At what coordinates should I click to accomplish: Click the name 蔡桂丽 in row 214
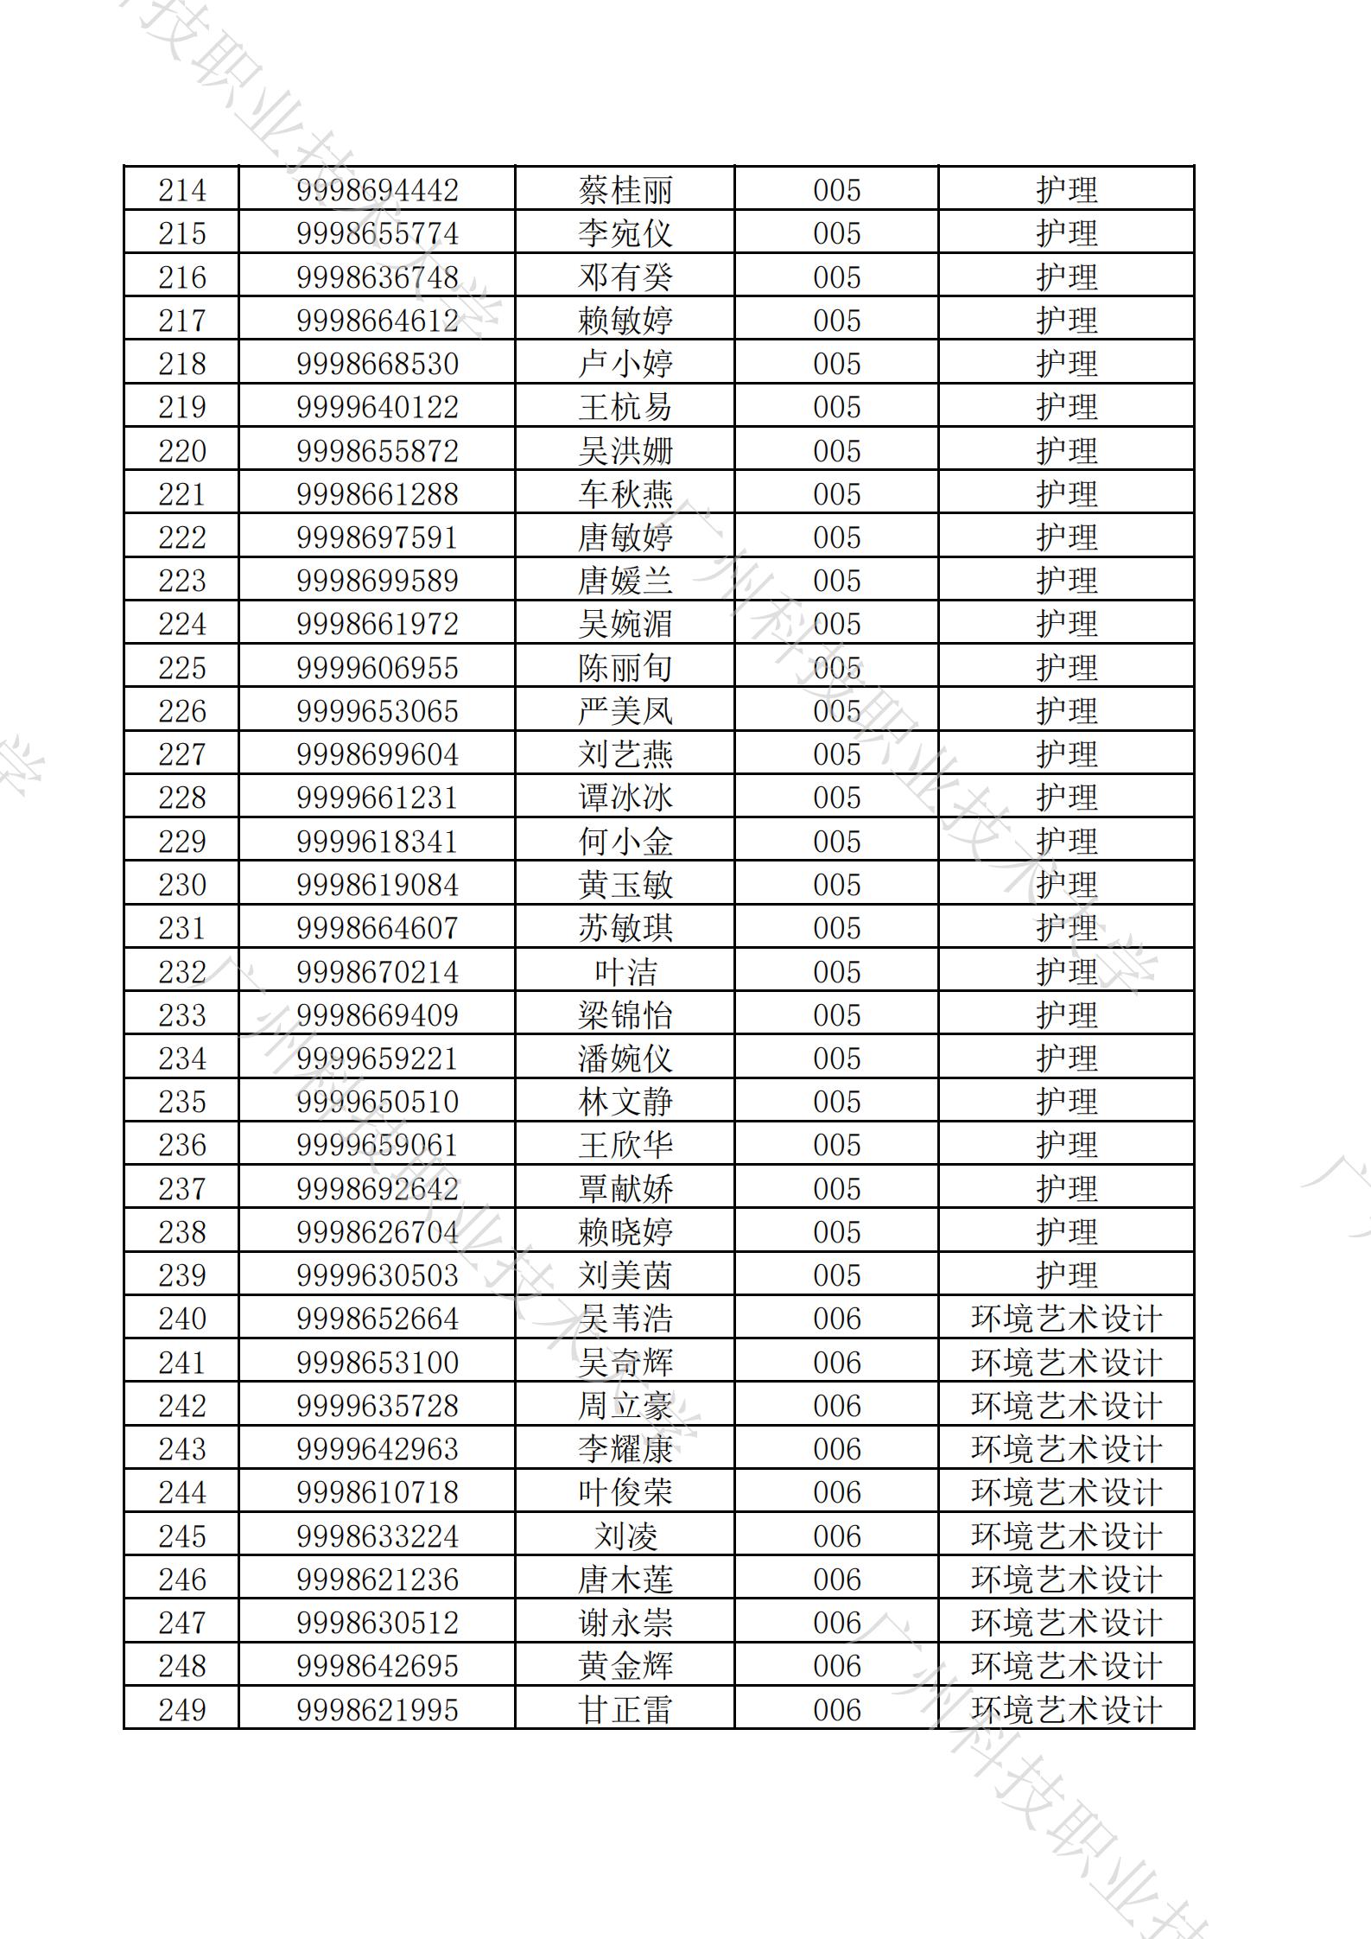click(x=625, y=190)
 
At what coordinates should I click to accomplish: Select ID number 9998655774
click(x=377, y=233)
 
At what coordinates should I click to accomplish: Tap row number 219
click(x=182, y=407)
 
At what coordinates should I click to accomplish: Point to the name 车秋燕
click(x=625, y=494)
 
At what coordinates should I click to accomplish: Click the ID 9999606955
click(x=377, y=668)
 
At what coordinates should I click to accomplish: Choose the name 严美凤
click(x=625, y=711)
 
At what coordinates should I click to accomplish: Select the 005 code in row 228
click(x=836, y=798)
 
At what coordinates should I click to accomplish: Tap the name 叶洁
click(x=625, y=972)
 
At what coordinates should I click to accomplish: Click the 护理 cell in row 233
click(x=1066, y=1015)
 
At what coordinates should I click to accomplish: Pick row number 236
click(x=182, y=1145)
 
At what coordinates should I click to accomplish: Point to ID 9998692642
click(x=377, y=1189)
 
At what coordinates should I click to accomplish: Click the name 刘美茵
click(x=625, y=1275)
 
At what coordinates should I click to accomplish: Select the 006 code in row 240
click(x=836, y=1319)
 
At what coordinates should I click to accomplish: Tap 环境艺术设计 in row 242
click(x=1066, y=1406)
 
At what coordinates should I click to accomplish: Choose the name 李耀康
click(x=625, y=1449)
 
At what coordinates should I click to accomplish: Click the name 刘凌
click(x=625, y=1536)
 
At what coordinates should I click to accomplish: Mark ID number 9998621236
click(x=377, y=1580)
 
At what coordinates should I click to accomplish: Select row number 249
click(x=182, y=1710)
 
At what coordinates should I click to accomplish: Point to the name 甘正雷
click(x=625, y=1710)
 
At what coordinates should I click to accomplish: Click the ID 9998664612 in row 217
click(x=377, y=321)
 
